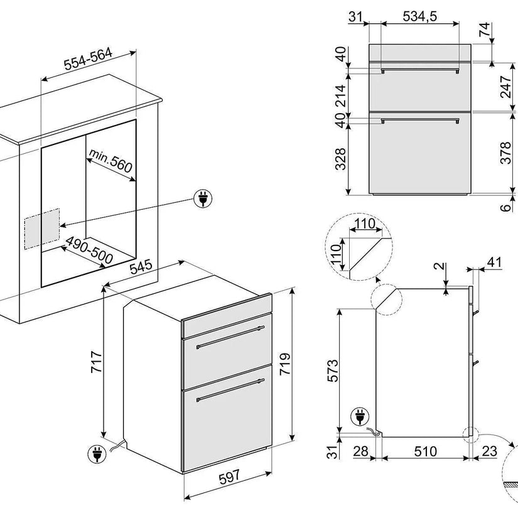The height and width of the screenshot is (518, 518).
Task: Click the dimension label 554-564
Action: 88,59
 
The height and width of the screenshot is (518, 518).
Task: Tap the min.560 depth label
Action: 111,161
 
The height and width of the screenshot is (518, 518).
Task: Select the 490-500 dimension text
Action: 89,251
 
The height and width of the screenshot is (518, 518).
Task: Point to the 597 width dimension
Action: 229,477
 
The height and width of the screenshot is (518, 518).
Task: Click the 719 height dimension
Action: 285,364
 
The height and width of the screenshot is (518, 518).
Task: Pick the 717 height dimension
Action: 97,362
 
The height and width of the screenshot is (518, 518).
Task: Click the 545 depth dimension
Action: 141,267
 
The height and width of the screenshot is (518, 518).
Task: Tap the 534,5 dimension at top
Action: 419,16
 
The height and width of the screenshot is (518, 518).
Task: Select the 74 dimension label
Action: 485,30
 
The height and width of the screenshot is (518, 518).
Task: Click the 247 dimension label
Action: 506,87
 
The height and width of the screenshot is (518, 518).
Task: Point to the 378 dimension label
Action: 506,153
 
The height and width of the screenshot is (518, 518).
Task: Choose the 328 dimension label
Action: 340,159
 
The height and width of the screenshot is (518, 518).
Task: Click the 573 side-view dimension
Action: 333,370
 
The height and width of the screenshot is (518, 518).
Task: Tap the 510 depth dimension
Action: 426,451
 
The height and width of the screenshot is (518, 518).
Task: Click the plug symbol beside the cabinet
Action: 203,198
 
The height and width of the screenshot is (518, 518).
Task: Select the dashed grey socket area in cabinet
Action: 42,229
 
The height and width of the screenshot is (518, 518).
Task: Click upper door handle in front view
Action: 420,70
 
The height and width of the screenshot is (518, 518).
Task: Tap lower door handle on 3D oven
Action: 230,390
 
